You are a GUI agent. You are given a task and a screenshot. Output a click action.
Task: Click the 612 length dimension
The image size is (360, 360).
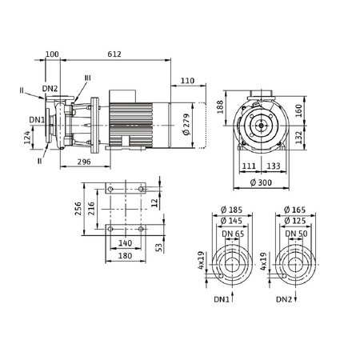114,54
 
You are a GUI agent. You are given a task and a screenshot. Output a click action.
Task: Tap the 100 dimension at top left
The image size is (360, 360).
52,54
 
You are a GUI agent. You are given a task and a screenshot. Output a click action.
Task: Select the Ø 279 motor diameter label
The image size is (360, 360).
186,124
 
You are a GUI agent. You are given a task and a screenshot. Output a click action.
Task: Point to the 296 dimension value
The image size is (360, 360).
84,162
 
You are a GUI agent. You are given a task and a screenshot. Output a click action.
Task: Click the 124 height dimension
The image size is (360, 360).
27,138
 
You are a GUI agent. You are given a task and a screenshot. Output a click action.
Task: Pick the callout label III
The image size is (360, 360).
87,78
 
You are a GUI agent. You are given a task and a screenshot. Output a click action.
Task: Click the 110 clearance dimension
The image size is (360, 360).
188,81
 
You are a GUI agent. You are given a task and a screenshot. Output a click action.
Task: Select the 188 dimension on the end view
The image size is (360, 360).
220,107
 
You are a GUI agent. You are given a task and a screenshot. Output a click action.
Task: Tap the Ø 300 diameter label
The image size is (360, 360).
261,182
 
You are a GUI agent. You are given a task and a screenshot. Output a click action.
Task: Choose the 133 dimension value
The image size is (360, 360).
274,166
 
